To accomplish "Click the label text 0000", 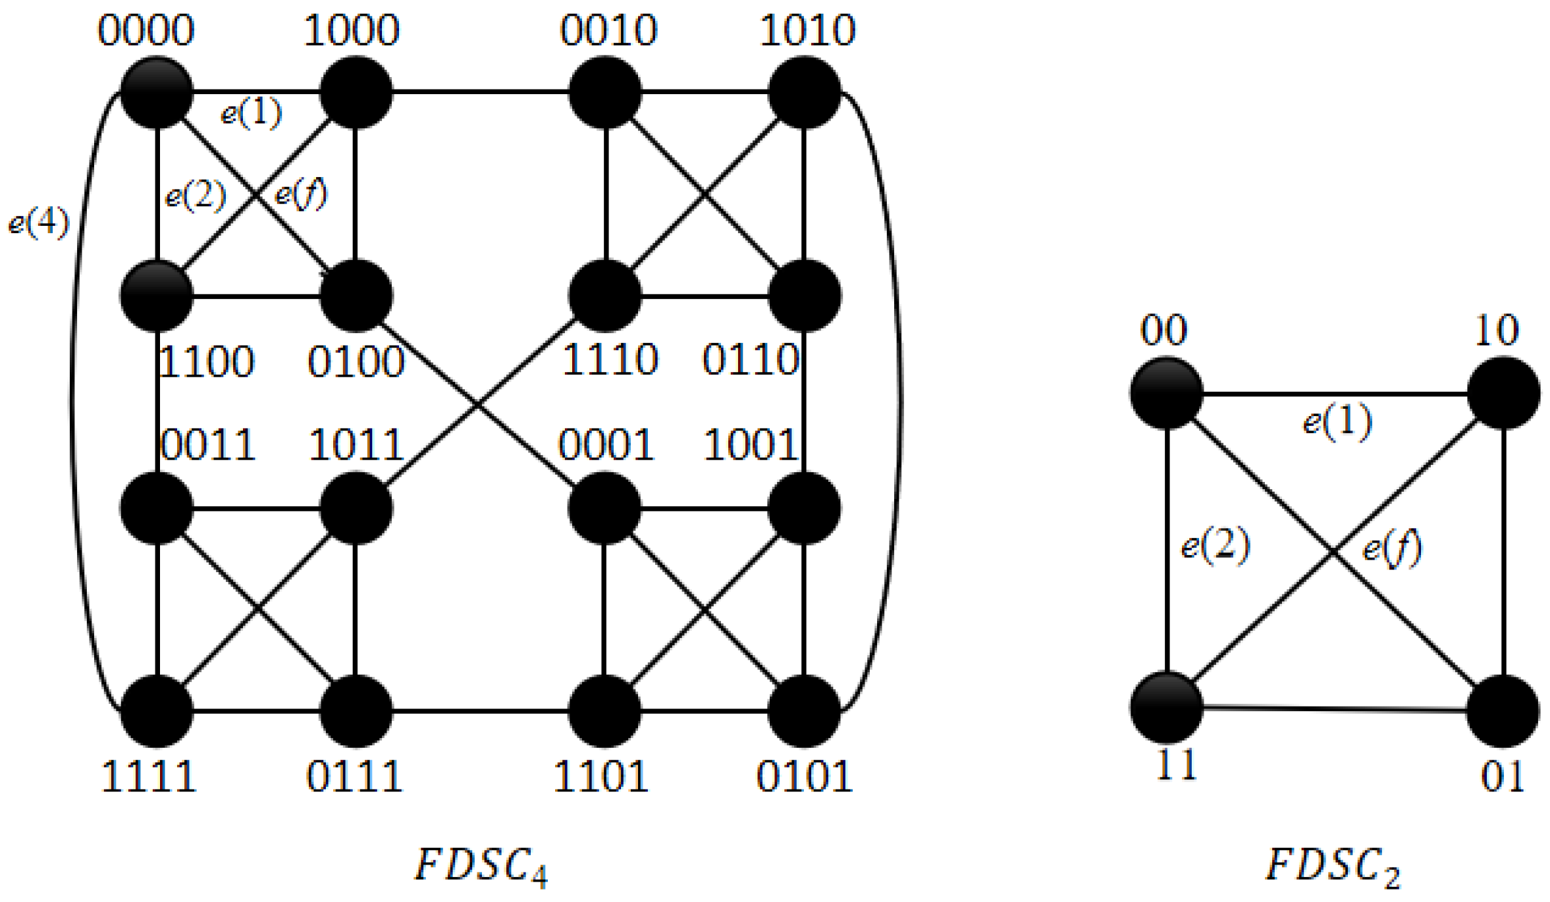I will point(146,31).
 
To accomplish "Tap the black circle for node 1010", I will point(804,92).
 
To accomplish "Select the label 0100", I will point(356,361).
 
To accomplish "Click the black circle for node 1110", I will point(604,296).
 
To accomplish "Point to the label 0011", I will point(208,445).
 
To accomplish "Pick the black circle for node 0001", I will point(604,508).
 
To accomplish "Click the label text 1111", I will point(149,777).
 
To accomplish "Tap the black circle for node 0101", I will point(804,711).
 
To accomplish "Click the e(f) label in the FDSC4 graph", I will point(300,194).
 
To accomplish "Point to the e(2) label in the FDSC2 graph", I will point(1215,545).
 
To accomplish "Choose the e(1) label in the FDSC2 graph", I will point(1337,421).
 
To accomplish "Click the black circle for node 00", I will point(1166,393).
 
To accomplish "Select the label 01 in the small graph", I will point(1502,777).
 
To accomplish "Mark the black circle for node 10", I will point(1503,393).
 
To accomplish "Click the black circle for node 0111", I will point(356,711).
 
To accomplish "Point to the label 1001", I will point(751,445).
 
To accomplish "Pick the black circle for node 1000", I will point(356,92).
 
